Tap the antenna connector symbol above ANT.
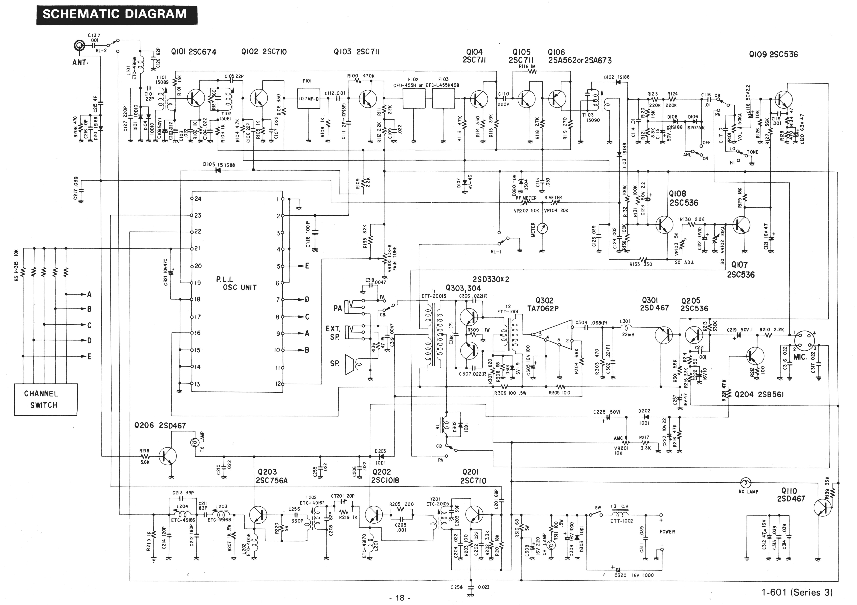(79, 46)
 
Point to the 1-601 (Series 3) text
(797, 592)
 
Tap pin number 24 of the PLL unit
(198, 199)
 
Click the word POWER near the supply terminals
(667, 531)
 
